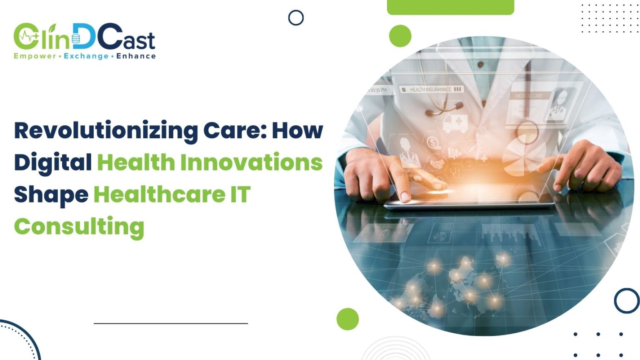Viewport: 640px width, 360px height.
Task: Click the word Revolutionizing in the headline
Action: click(x=106, y=131)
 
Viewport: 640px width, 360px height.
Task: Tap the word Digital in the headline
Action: click(x=53, y=162)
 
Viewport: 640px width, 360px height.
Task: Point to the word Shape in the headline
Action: click(x=51, y=195)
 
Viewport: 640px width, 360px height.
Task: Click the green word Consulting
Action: click(x=79, y=227)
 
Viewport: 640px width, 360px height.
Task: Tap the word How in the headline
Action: click(x=297, y=131)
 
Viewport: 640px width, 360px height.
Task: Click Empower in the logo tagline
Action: click(x=35, y=56)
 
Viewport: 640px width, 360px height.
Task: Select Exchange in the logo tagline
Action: click(x=86, y=56)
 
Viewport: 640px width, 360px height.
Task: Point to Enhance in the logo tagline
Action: click(x=136, y=56)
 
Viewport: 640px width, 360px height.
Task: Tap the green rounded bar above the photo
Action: click(x=450, y=7)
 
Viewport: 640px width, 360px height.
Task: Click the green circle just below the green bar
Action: click(x=400, y=36)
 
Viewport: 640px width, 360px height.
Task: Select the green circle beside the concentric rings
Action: click(x=347, y=319)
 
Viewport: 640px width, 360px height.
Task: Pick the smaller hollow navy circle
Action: click(x=296, y=18)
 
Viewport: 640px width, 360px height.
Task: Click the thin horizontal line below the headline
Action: click(x=171, y=323)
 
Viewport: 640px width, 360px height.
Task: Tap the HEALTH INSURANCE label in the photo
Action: click(x=430, y=90)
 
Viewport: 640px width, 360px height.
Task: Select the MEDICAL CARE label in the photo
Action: click(x=529, y=96)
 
